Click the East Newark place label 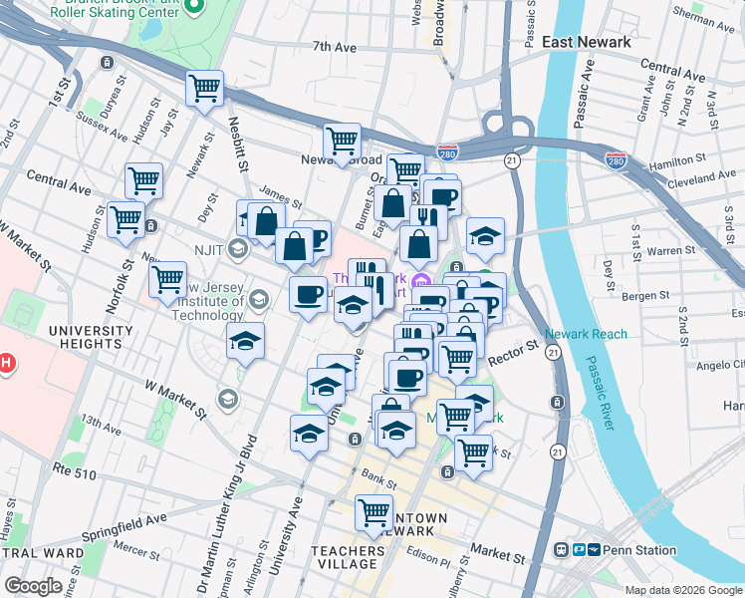click(586, 42)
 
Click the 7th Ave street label click(334, 47)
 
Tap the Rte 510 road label click(76, 474)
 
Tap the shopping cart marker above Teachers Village click(373, 512)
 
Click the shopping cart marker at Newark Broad click(342, 140)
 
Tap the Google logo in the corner click(33, 586)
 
